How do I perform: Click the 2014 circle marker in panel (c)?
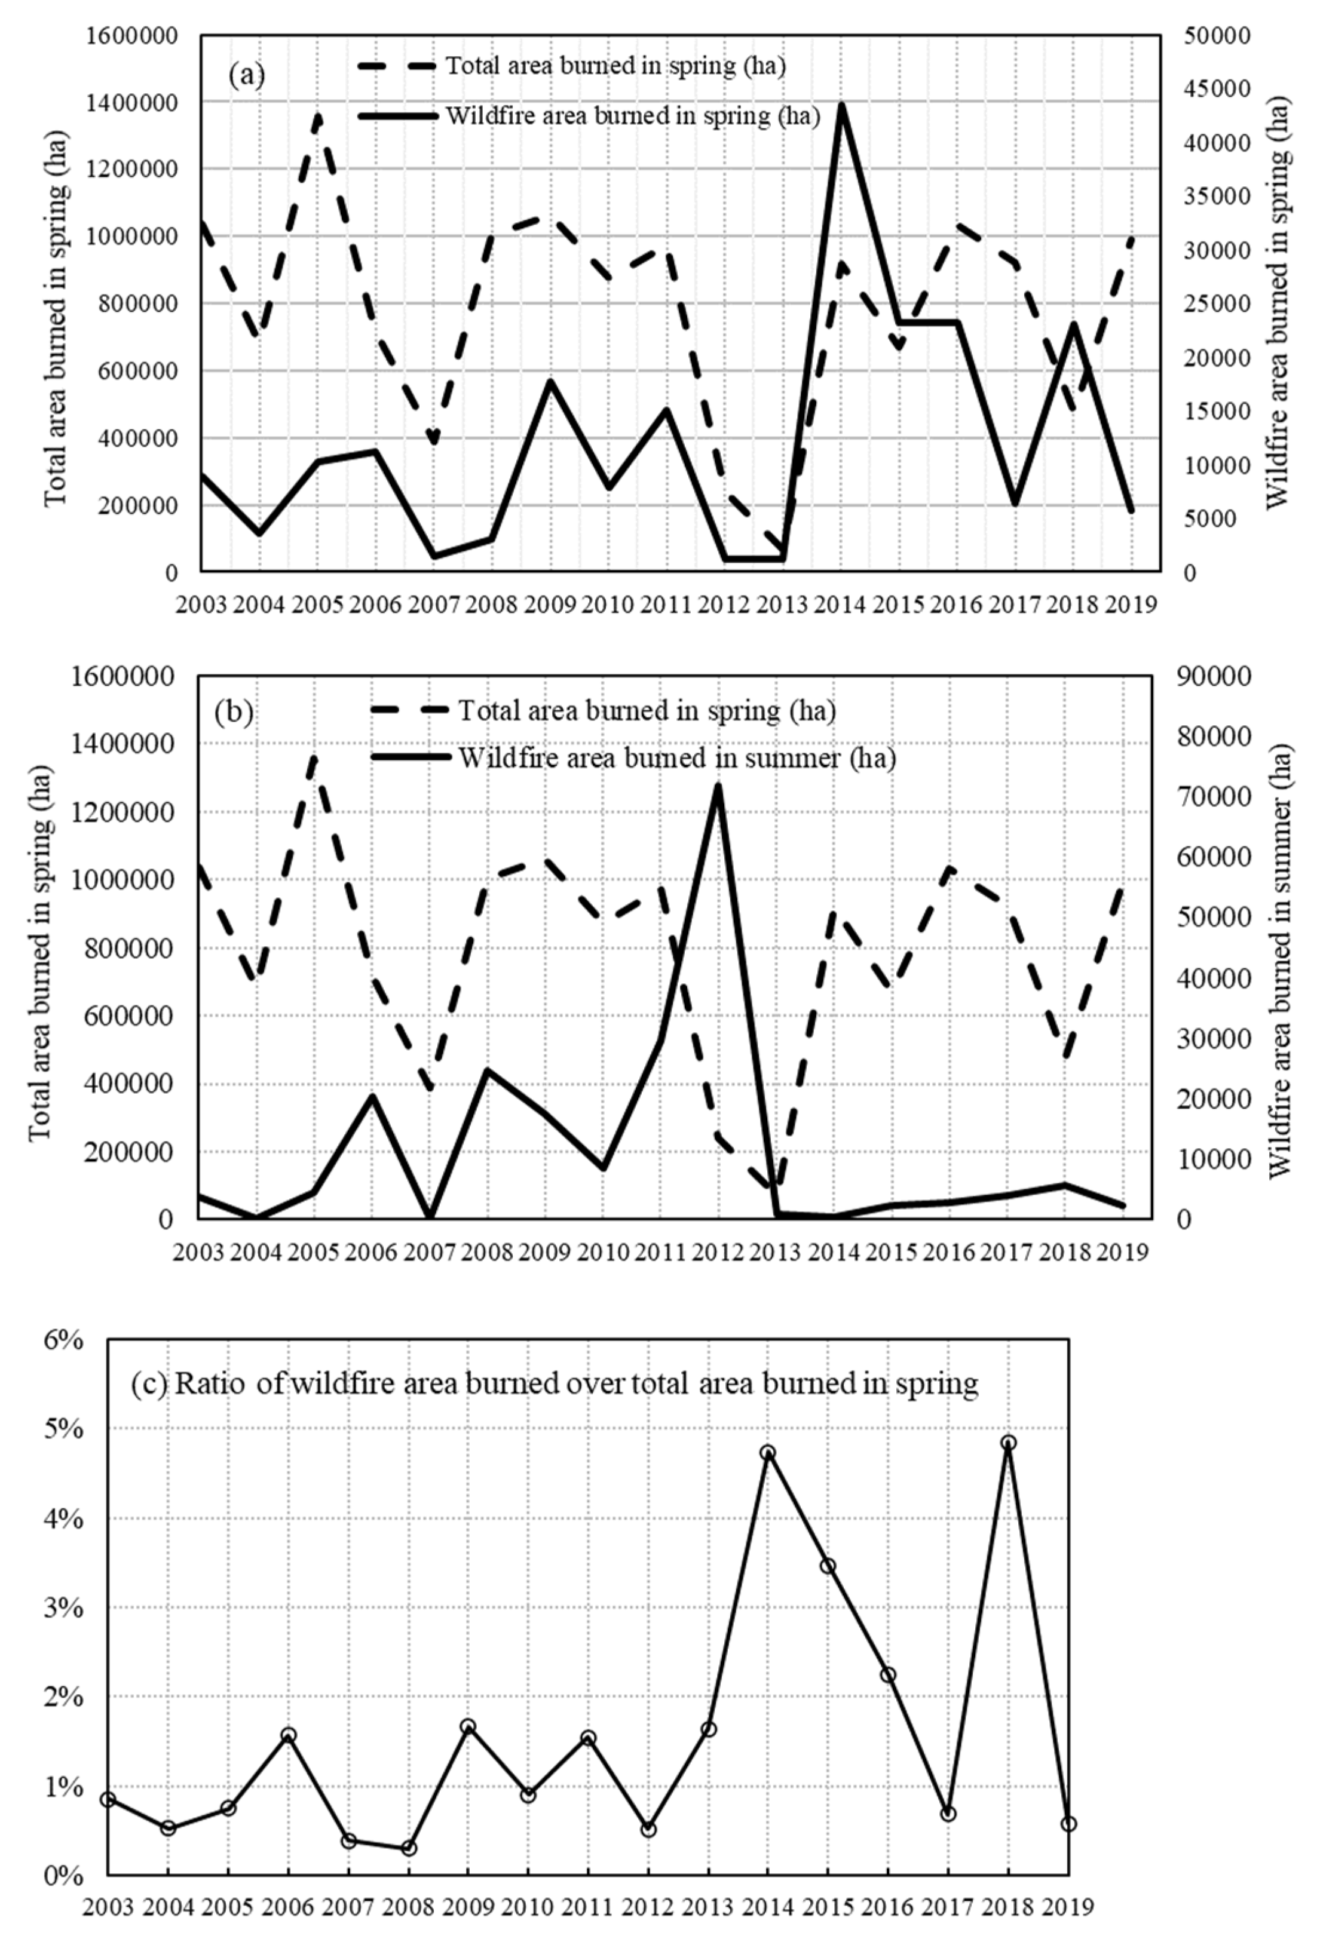(768, 1452)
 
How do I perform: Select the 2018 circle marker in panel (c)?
(1009, 1442)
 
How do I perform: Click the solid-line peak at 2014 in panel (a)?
(841, 105)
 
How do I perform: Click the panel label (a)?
(247, 75)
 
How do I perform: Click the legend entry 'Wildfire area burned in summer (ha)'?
(677, 758)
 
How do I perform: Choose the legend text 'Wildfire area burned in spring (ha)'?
(633, 115)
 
